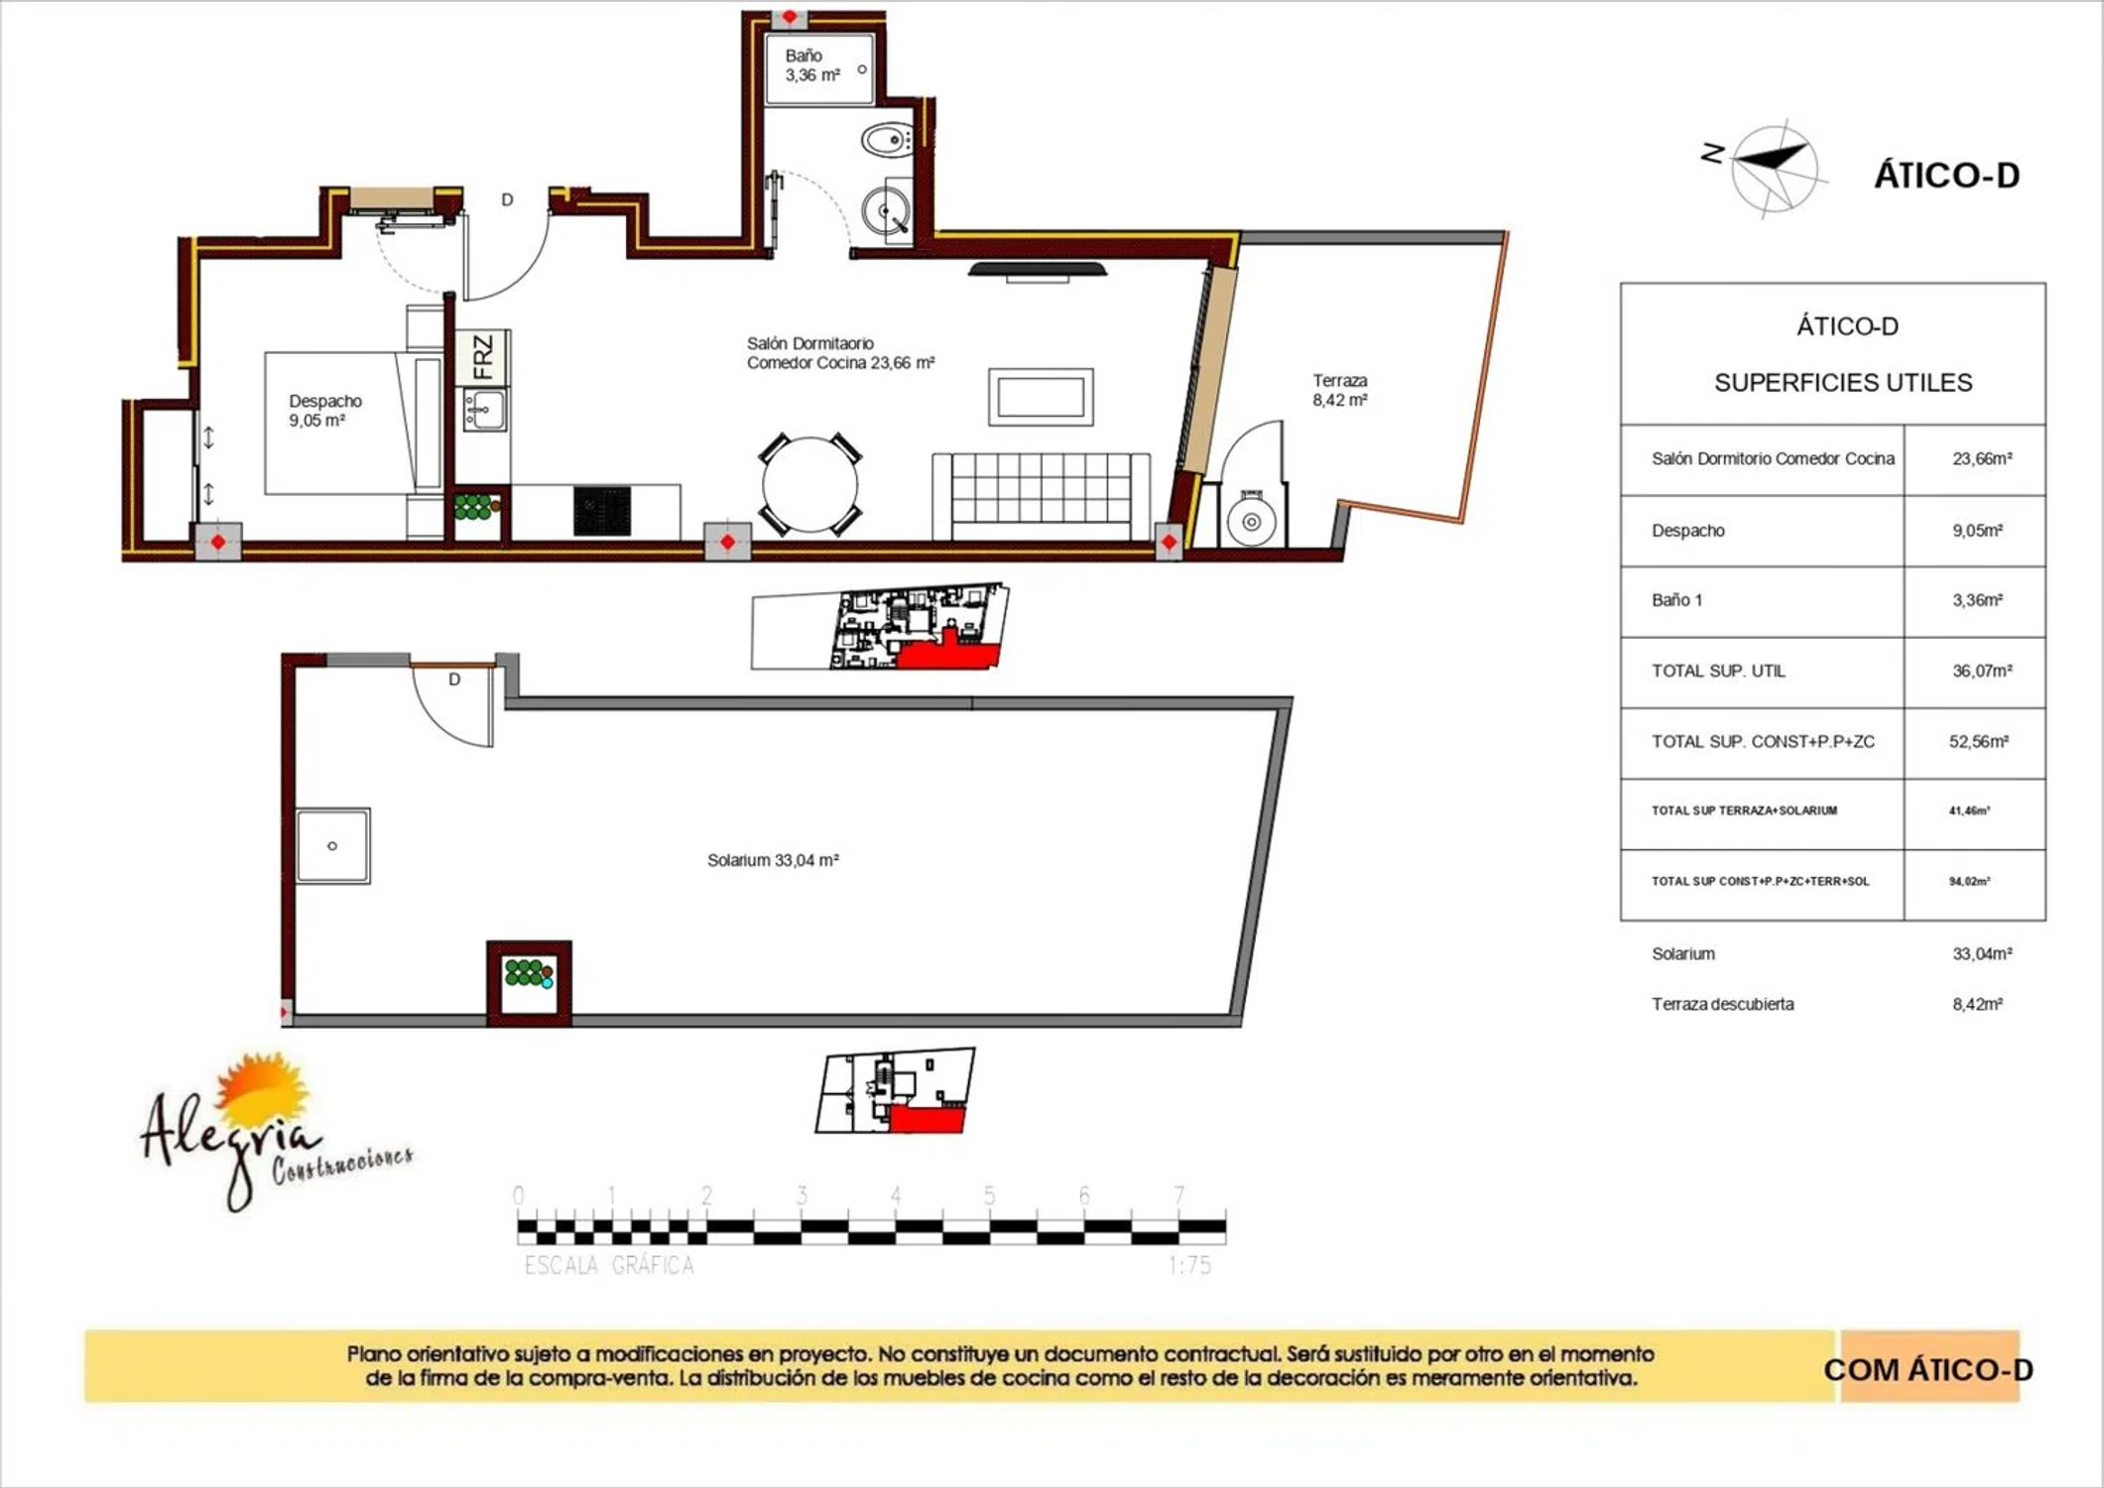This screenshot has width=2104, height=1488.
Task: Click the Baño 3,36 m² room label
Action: tap(812, 65)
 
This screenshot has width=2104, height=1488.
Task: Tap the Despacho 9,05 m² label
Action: tap(325, 411)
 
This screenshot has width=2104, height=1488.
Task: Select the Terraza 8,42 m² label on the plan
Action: tap(1340, 390)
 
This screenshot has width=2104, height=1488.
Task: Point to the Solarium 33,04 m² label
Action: tap(773, 860)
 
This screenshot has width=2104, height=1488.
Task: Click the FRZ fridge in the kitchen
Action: tap(483, 357)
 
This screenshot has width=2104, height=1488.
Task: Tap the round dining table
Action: tap(809, 485)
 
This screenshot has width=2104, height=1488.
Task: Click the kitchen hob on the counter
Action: tap(602, 512)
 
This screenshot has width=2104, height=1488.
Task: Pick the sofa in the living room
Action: tap(1042, 497)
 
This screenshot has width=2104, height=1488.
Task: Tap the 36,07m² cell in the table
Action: tap(1982, 672)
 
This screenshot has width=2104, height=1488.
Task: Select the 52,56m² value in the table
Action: tap(1979, 742)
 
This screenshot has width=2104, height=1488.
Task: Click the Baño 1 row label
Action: tap(1676, 600)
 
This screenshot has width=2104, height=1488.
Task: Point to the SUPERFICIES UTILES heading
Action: tap(1843, 383)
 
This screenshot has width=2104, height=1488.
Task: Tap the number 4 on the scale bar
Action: tap(896, 1196)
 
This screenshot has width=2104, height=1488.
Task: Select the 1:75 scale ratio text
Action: tap(1189, 1266)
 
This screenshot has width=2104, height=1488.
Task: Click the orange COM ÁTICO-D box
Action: tap(1929, 1367)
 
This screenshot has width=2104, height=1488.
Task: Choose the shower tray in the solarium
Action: tap(333, 846)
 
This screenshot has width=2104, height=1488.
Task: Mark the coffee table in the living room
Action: tap(1041, 397)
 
